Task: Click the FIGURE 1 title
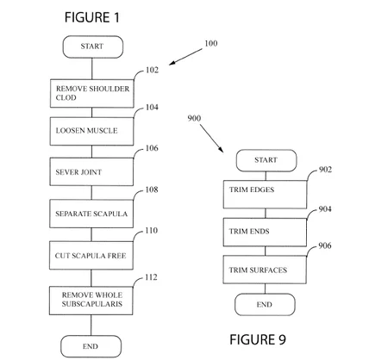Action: (91, 17)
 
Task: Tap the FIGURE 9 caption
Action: (258, 339)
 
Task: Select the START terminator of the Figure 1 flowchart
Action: (93, 47)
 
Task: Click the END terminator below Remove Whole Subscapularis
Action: (91, 346)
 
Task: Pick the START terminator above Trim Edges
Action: (266, 160)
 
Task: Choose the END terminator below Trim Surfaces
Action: (265, 305)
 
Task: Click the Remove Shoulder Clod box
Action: (92, 94)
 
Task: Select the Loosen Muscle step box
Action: (91, 131)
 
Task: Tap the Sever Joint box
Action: (91, 171)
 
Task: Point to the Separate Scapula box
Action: (91, 214)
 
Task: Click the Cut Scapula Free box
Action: (91, 256)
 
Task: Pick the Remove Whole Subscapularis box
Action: (91, 301)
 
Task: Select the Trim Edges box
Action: (265, 195)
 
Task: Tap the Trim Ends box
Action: (265, 232)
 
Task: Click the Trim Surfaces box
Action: (265, 270)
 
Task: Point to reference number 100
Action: (211, 43)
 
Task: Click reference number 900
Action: (194, 118)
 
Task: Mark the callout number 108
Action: (152, 189)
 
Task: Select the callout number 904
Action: (325, 209)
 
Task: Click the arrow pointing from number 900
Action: (212, 139)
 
